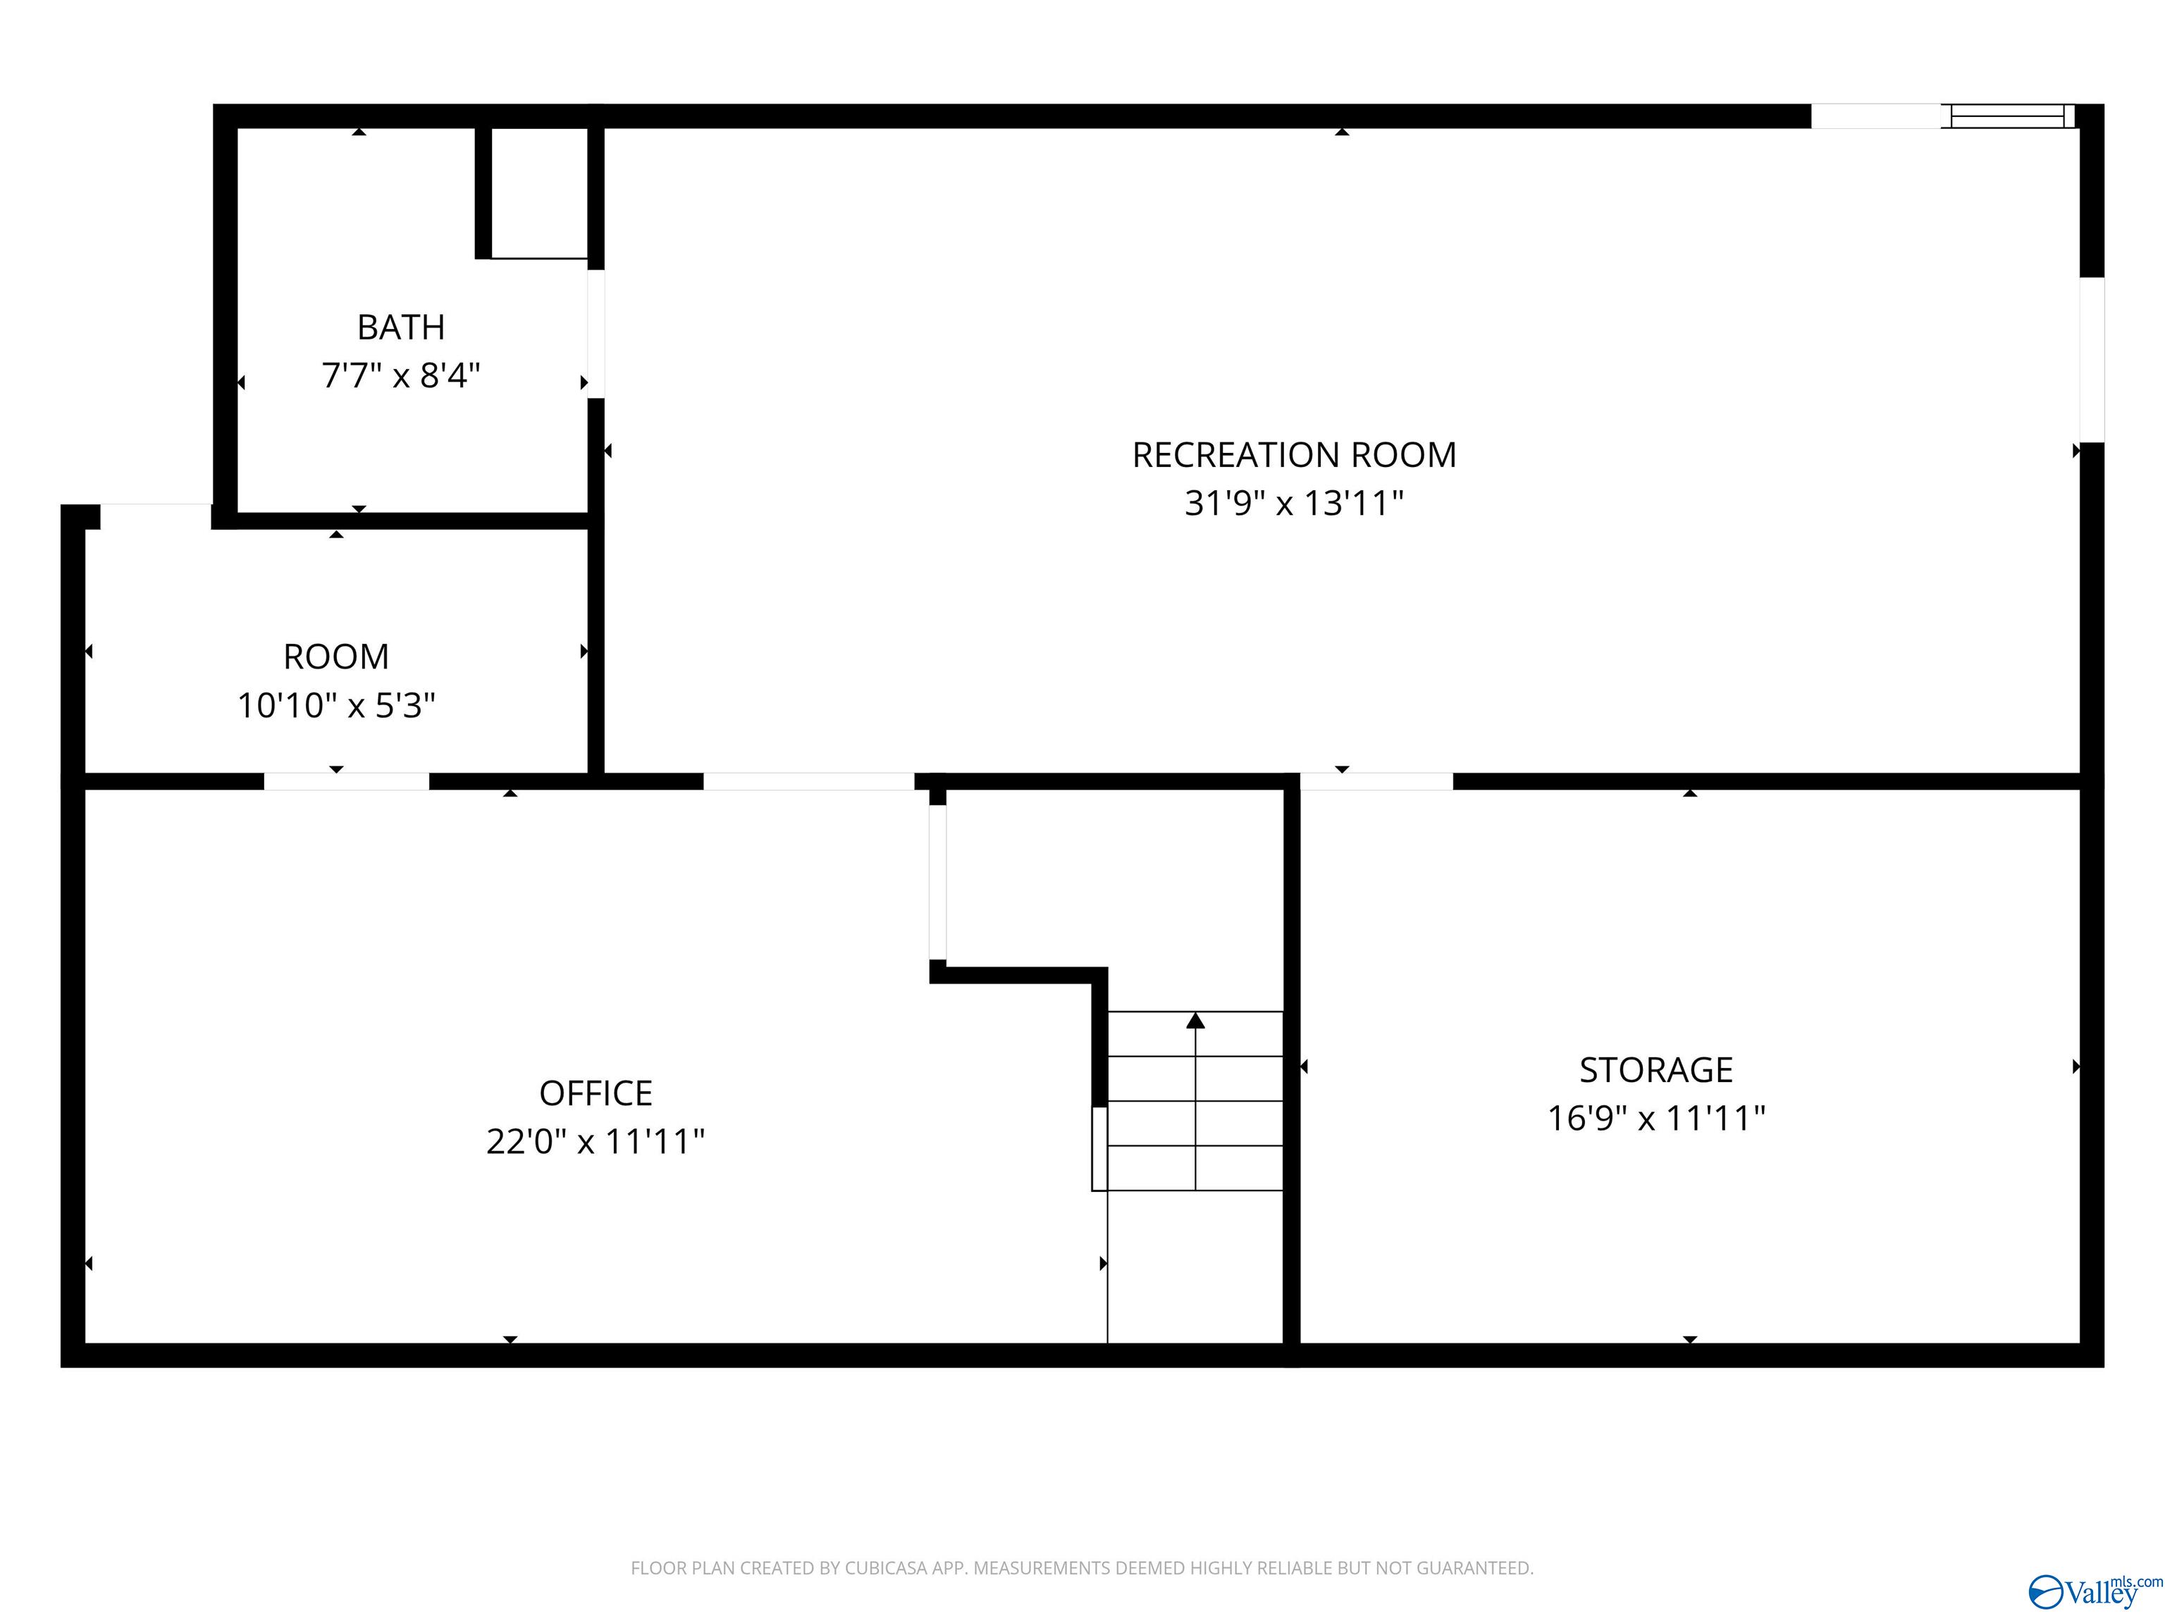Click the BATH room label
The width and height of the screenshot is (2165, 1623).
(400, 327)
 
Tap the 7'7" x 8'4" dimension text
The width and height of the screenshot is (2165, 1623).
(400, 375)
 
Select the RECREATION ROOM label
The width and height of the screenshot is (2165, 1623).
(1294, 455)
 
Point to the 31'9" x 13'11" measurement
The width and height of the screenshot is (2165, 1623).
(1294, 504)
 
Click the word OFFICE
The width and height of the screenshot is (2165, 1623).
(595, 1093)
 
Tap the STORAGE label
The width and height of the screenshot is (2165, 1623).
(1656, 1070)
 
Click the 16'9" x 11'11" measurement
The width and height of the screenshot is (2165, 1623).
(1656, 1118)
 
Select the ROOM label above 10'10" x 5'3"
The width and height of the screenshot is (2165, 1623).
(335, 657)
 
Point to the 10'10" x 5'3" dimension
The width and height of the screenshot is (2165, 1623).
(335, 705)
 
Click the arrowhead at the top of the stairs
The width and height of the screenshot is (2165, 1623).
(1195, 1021)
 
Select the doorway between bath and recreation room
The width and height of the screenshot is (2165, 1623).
(595, 334)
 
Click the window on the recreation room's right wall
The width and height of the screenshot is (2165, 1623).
(2092, 359)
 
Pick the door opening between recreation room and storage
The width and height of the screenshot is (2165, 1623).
(1376, 781)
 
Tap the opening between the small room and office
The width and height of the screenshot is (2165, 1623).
(347, 781)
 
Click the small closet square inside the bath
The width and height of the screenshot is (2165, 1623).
(538, 193)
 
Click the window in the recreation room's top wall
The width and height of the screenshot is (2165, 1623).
(2007, 116)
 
